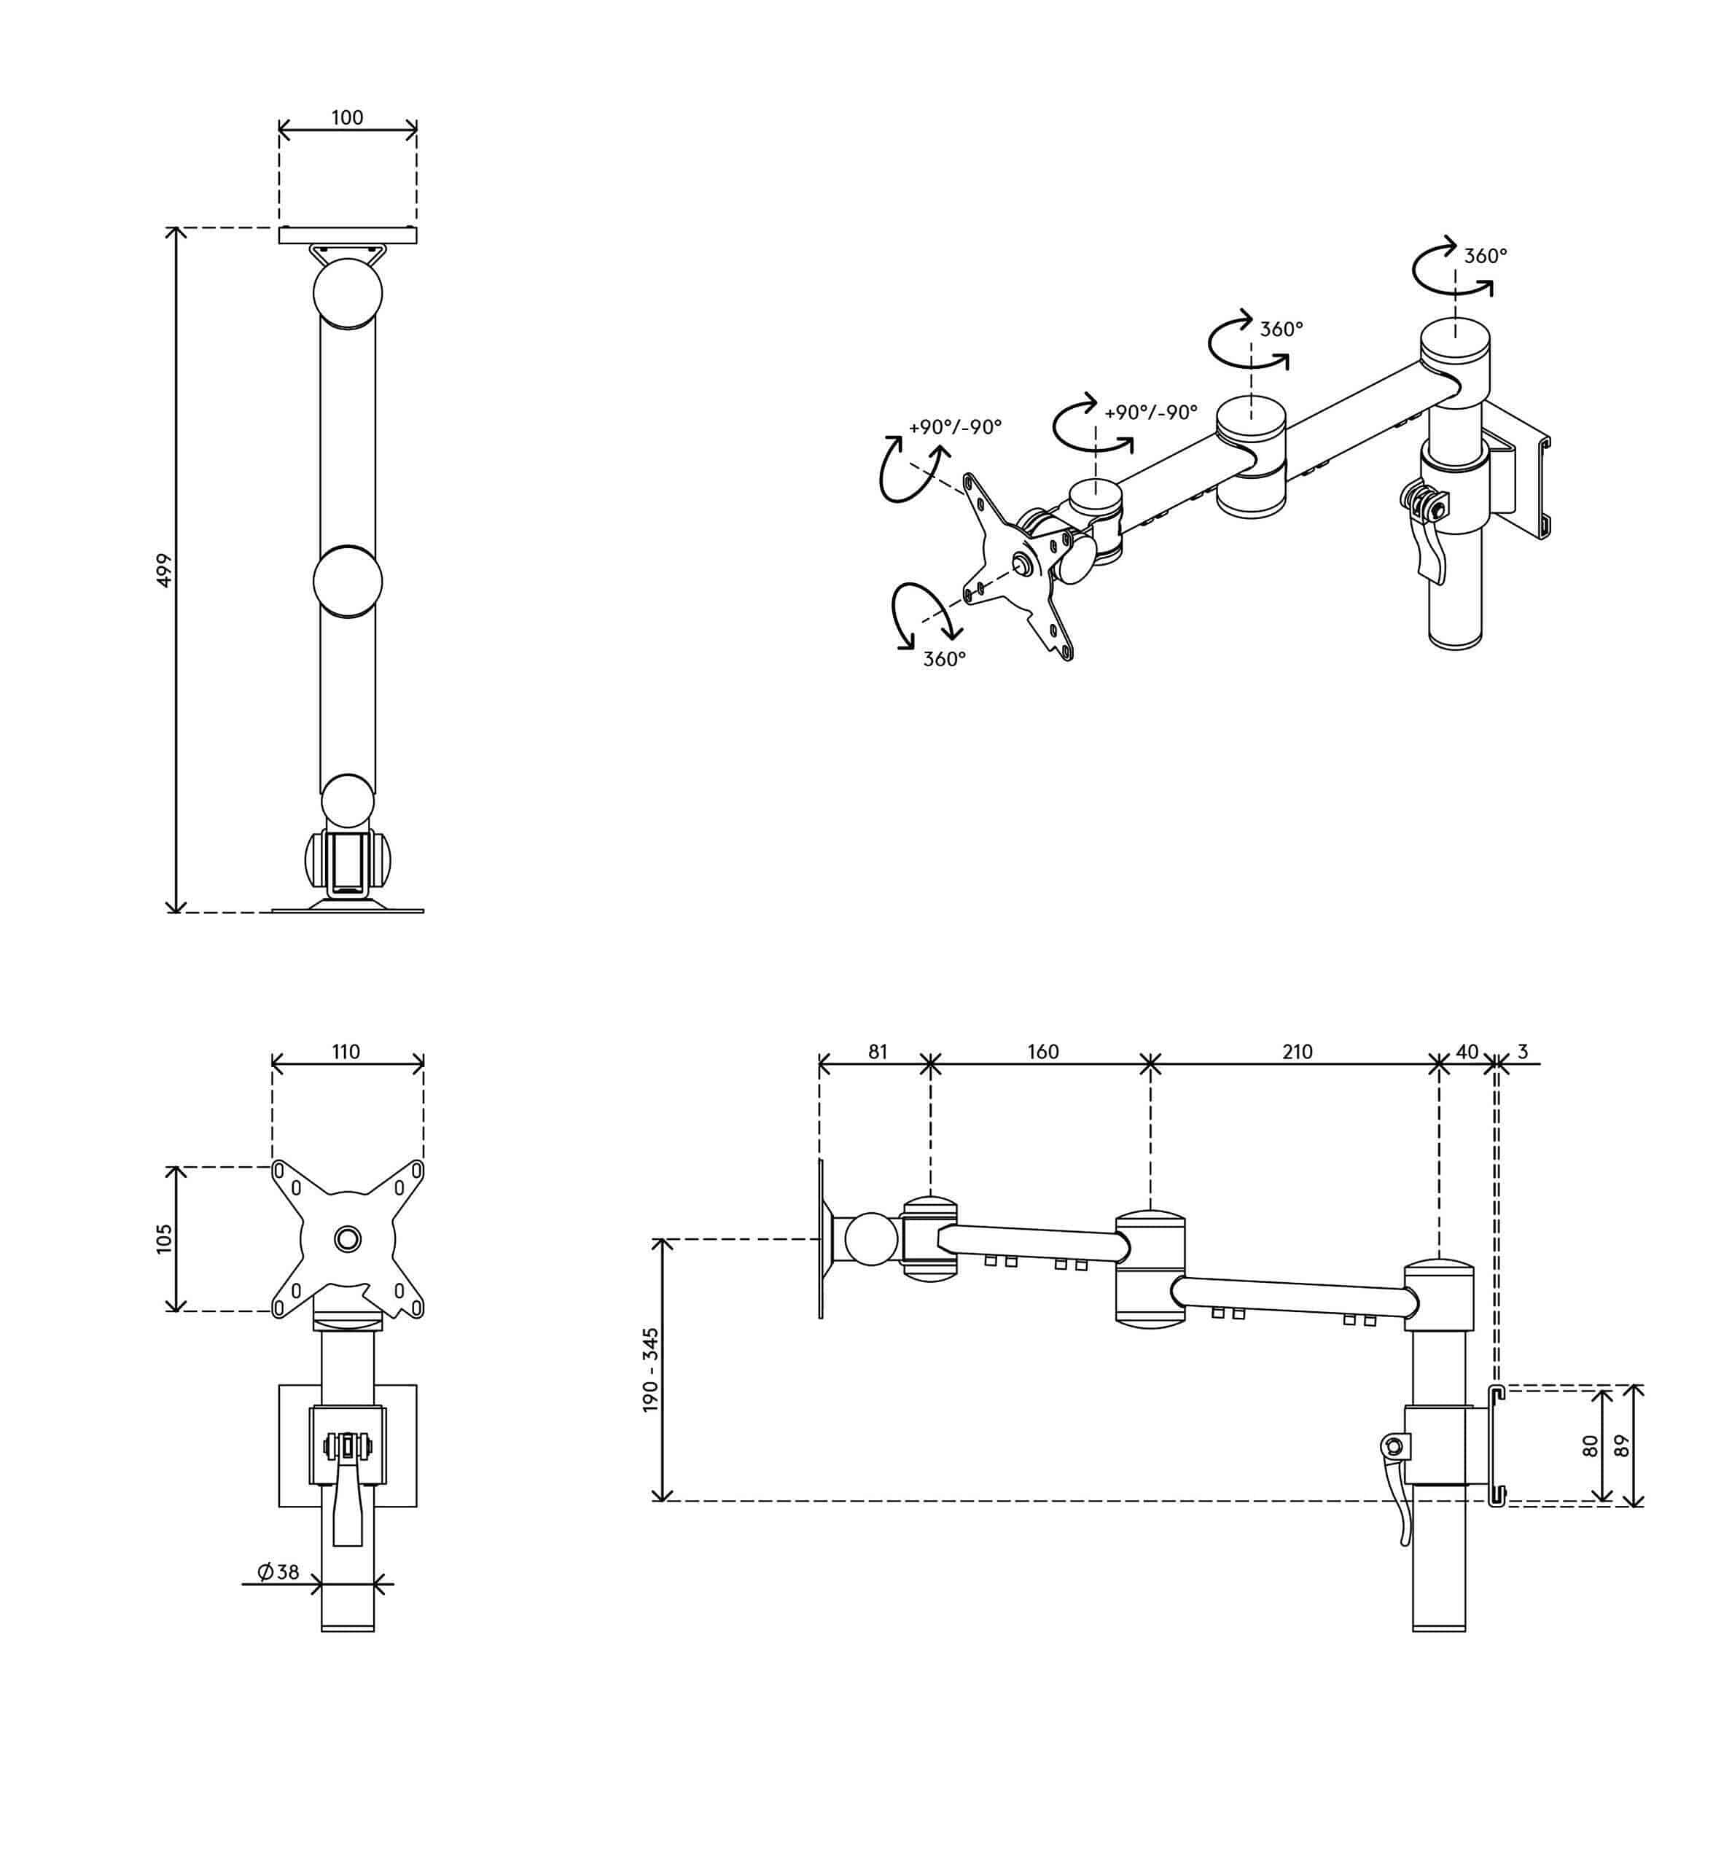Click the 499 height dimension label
coord(164,571)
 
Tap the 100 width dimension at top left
coord(347,117)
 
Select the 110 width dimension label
coord(346,1052)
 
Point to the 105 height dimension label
coord(164,1238)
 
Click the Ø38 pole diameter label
coord(278,1572)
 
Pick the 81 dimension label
coord(877,1052)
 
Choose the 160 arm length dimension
coord(1042,1052)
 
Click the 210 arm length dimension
coord(1297,1052)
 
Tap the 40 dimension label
coord(1467,1052)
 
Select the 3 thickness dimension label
coord(1523,1052)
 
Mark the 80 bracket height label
coord(1590,1445)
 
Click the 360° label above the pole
coord(1486,256)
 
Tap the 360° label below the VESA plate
coord(944,659)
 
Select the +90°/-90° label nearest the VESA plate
coord(955,426)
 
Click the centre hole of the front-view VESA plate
coord(348,1238)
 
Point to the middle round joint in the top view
coord(348,581)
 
